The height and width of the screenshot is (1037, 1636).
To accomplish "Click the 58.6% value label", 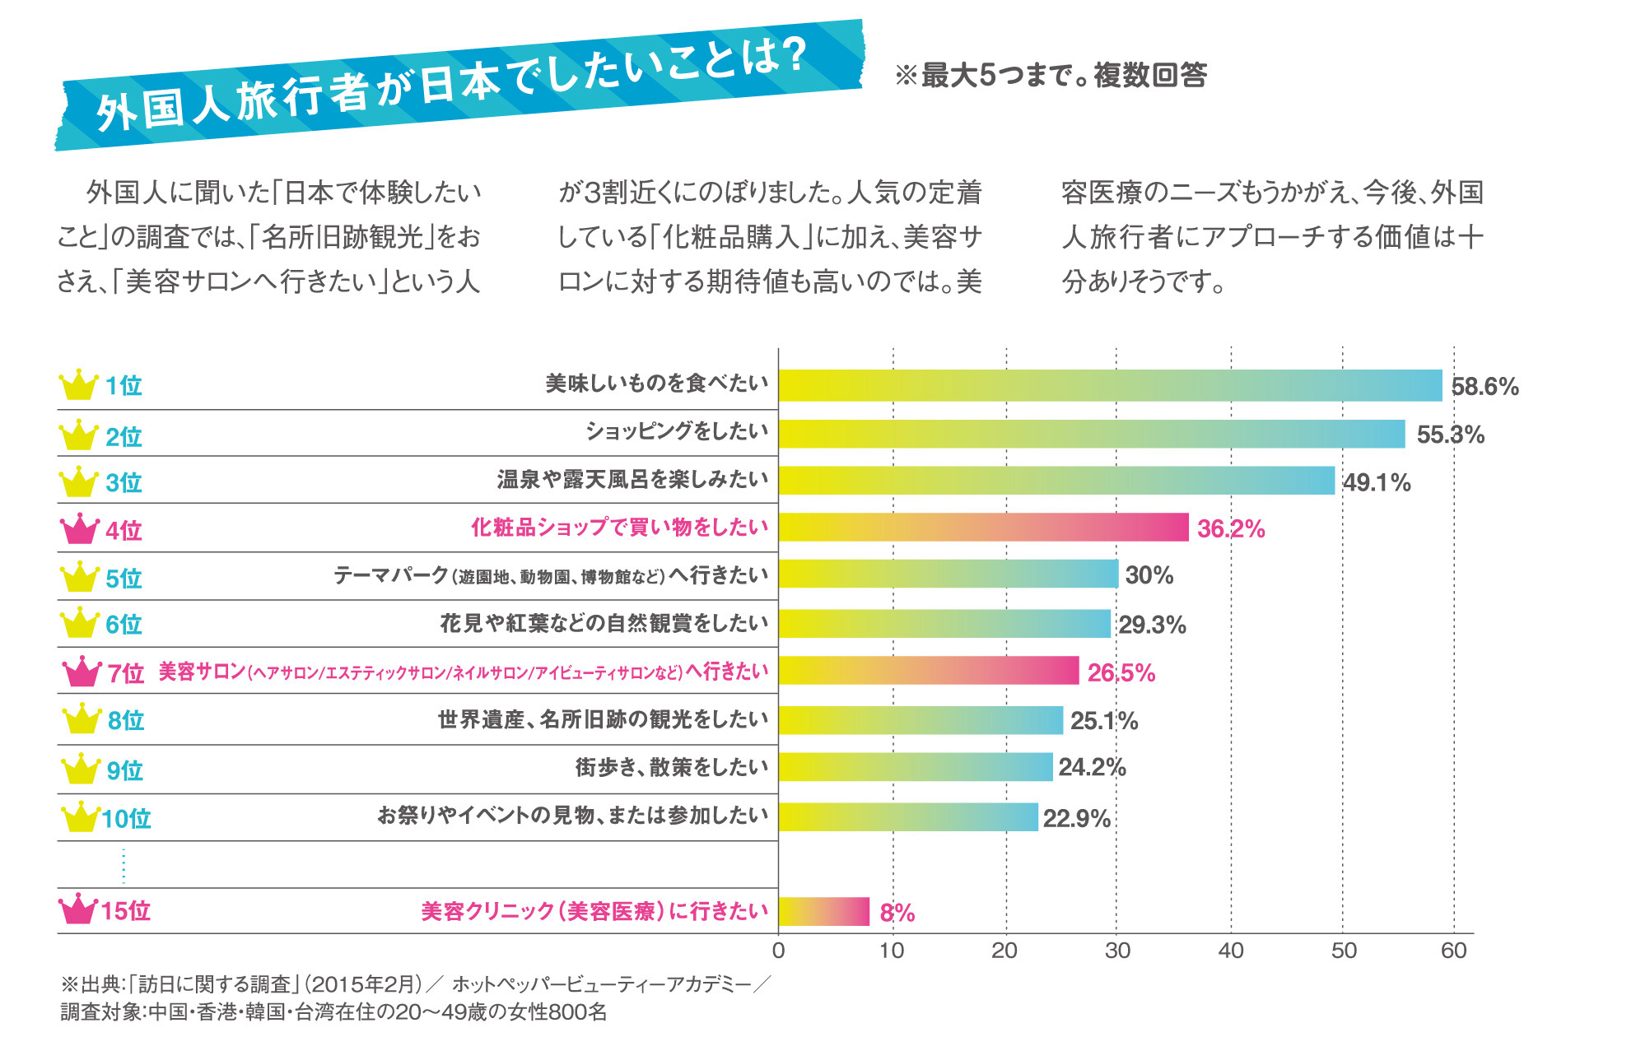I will [1484, 387].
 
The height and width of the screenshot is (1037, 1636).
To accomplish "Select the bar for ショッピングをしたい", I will [1091, 434].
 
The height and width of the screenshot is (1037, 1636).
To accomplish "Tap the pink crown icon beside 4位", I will [80, 529].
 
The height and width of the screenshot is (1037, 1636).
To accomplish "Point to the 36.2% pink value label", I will [1230, 528].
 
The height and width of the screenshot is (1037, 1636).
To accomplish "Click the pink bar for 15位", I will [823, 911].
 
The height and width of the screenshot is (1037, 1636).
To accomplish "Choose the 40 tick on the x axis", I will [1230, 951].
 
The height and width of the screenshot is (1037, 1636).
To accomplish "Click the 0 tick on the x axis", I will [778, 951].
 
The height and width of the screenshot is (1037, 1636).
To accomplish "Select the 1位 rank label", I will [124, 385].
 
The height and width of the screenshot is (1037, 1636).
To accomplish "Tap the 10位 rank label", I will [126, 818].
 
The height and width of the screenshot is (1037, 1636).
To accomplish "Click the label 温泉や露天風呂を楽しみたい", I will [632, 479].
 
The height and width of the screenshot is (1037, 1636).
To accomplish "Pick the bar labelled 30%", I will [948, 574].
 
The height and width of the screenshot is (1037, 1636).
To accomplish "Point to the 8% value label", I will [897, 912].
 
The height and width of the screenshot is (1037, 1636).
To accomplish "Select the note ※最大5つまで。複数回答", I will [1051, 75].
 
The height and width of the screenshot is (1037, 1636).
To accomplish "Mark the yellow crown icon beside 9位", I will [81, 770].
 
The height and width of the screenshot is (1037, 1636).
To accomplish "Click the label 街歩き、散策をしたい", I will [671, 767].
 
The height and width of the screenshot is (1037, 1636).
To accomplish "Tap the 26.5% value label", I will [1121, 672].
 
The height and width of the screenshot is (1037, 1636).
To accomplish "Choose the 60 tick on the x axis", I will [1453, 951].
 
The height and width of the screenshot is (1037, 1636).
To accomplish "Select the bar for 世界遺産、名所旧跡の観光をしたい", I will [920, 720].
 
